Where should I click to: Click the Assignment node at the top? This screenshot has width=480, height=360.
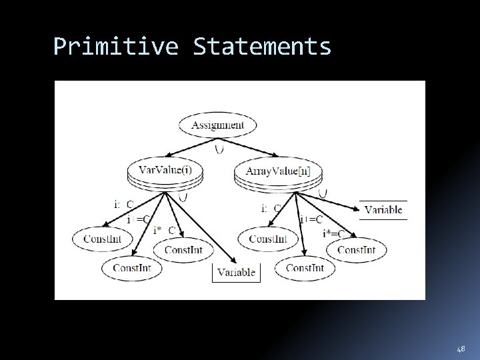pyautogui.click(x=217, y=125)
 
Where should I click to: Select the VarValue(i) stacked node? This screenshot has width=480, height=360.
pyautogui.click(x=163, y=171)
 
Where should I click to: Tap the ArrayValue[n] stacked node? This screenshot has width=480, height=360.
pyautogui.click(x=277, y=172)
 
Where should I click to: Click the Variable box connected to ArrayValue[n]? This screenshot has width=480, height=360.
pyautogui.click(x=383, y=209)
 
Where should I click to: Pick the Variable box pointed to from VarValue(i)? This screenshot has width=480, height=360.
pyautogui.click(x=236, y=272)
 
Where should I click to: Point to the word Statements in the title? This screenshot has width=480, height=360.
pyautogui.click(x=262, y=47)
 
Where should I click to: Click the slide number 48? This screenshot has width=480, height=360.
pyautogui.click(x=461, y=349)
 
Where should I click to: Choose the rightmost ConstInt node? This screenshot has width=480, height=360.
pyautogui.click(x=356, y=250)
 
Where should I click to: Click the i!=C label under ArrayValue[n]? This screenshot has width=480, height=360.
pyautogui.click(x=311, y=219)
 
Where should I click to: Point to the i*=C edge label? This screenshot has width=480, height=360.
pyautogui.click(x=333, y=233)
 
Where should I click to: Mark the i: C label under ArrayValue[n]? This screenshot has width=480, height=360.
pyautogui.click(x=270, y=208)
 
